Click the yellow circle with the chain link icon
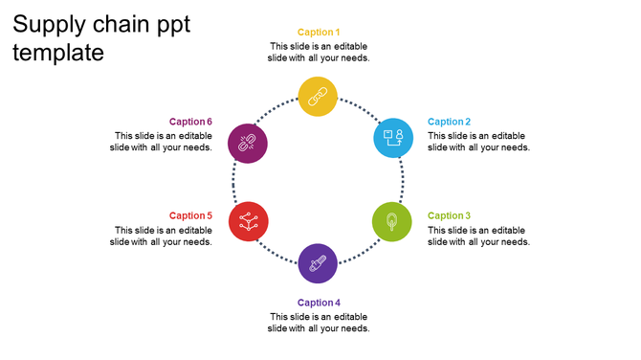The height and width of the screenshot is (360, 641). (x=318, y=97)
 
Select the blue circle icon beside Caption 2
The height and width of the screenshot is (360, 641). (x=392, y=138)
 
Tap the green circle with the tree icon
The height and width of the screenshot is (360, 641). (x=391, y=222)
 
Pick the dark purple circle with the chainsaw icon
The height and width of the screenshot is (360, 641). (x=318, y=263)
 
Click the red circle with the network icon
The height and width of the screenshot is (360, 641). (x=248, y=221)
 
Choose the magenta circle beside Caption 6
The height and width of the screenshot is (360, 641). (x=247, y=144)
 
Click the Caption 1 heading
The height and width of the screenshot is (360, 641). (x=319, y=33)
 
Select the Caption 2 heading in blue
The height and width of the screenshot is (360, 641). (x=449, y=122)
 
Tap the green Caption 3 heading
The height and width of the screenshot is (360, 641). (x=449, y=216)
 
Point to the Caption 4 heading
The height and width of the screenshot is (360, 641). (x=319, y=303)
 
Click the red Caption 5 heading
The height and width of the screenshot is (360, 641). (x=190, y=216)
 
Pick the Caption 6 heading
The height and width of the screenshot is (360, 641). (x=190, y=122)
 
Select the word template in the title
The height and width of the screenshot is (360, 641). (x=58, y=54)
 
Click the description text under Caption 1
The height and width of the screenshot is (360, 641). (x=319, y=52)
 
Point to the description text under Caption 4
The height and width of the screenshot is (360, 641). (x=319, y=323)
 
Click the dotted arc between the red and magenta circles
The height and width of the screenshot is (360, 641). (x=233, y=182)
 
